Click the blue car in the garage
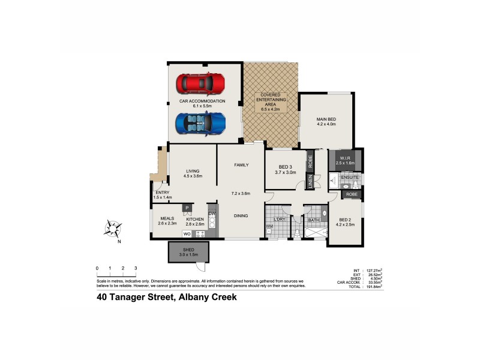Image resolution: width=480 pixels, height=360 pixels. point(201,124)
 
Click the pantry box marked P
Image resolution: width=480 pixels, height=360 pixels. point(187,208)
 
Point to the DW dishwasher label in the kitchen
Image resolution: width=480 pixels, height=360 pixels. point(212,214)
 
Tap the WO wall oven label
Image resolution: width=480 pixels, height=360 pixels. point(187,233)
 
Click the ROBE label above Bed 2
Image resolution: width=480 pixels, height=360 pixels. point(351,195)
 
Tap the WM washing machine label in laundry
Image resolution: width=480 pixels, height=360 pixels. point(269,226)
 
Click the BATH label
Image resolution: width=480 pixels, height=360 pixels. point(313,220)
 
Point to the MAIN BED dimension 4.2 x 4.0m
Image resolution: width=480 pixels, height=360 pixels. point(326,125)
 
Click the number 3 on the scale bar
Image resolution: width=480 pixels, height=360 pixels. point(136,268)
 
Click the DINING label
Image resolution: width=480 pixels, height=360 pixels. point(240,216)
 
